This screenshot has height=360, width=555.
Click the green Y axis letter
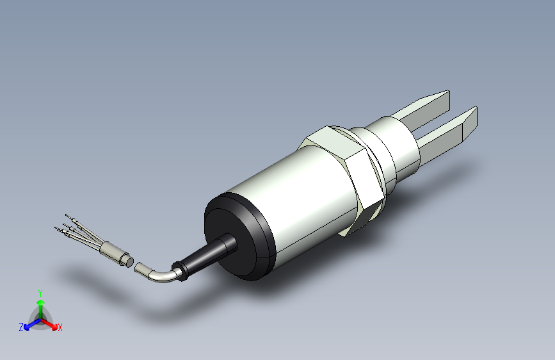coord(40,293)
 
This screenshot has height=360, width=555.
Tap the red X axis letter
coord(60,328)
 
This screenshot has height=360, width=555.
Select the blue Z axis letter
coord(21,327)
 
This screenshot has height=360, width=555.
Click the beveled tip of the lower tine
coord(470,122)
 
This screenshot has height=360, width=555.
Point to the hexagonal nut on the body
coord(346,170)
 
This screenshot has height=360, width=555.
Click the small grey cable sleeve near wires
coord(115,254)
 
